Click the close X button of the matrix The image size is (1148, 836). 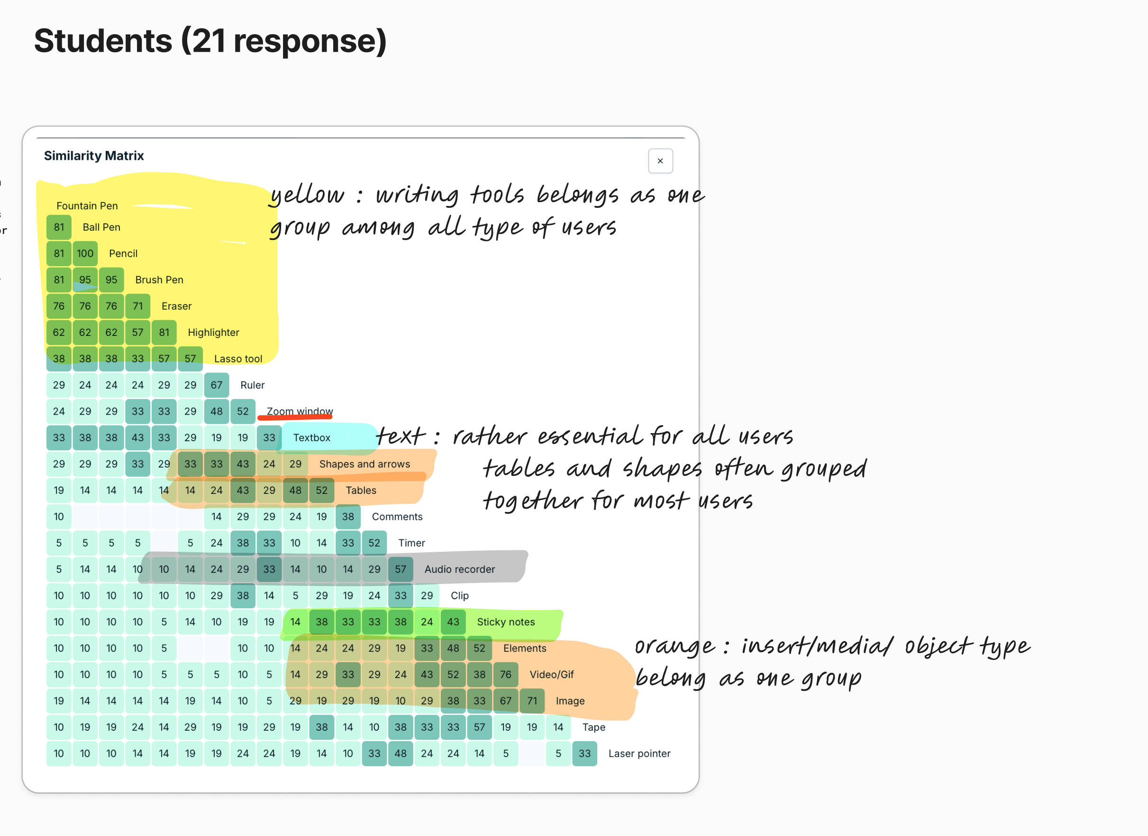[660, 161]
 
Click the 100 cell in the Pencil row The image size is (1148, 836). [85, 253]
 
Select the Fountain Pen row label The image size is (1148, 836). [87, 206]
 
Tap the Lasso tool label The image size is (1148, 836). [238, 359]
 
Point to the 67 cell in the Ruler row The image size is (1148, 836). [217, 385]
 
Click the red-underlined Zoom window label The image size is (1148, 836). [300, 411]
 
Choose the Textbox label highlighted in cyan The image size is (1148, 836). [312, 438]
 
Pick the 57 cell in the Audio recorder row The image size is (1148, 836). [401, 569]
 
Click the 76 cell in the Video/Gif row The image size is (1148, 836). [506, 675]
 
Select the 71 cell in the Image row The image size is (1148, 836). [532, 701]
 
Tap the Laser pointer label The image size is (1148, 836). [639, 754]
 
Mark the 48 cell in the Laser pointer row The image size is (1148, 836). [401, 754]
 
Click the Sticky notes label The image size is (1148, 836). [506, 622]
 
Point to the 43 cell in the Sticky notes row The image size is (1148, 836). [453, 622]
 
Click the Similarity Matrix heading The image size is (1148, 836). [94, 156]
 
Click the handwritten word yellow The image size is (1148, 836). [307, 195]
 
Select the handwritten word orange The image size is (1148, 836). [675, 647]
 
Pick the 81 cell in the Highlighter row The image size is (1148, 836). [164, 333]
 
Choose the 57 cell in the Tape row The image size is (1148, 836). [479, 727]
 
